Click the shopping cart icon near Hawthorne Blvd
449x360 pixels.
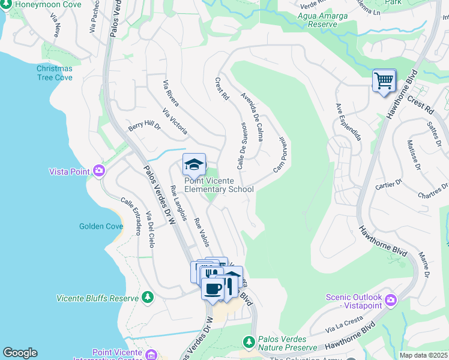point(384,80)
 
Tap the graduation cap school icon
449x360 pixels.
point(194,164)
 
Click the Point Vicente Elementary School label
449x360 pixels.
point(218,185)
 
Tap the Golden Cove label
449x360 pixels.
point(101,226)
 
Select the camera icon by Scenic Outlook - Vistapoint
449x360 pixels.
point(391,299)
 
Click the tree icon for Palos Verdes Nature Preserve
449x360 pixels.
point(249,341)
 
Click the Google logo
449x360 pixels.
point(20,353)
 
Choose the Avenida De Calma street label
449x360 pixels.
point(252,116)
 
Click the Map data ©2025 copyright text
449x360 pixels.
point(423,355)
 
